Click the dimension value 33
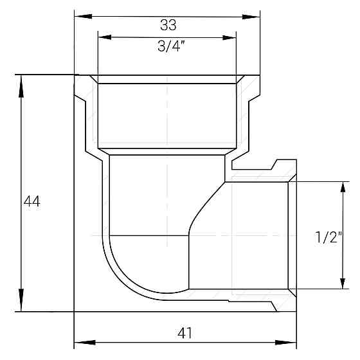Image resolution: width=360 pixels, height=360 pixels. click(x=168, y=25)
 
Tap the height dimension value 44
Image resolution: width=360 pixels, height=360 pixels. click(x=32, y=201)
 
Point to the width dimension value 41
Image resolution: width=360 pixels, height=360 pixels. click(x=184, y=333)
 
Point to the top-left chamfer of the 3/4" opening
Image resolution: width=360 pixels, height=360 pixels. click(x=93, y=79)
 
